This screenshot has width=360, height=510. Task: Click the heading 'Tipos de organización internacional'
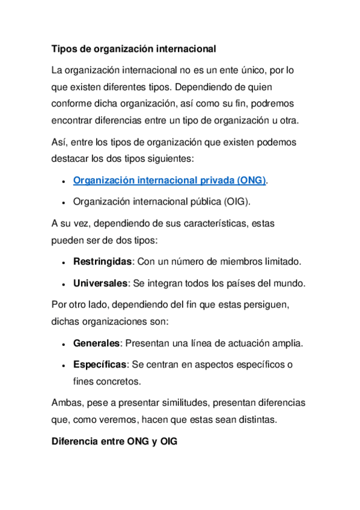133,48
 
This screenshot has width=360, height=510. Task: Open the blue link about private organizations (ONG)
169,180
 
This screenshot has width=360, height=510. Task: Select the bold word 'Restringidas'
102,262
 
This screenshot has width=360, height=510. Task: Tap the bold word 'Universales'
100,283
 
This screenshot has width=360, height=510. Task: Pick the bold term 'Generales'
97,343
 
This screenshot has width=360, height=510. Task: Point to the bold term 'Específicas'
100,364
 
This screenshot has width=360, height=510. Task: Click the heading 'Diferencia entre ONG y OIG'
115,441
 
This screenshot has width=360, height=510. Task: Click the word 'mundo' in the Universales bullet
291,283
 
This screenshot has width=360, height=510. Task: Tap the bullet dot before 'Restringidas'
63,263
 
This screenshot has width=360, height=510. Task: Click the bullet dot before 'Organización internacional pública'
63,201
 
